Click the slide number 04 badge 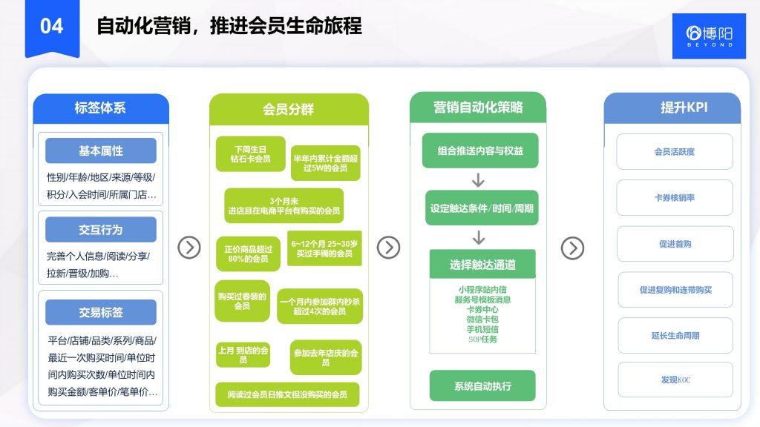(x=52, y=27)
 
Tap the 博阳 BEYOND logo (x=709, y=35)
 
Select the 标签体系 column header (x=100, y=108)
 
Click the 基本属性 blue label (x=101, y=150)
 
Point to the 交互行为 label (x=101, y=230)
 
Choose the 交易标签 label (x=101, y=312)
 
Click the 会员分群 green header (x=288, y=109)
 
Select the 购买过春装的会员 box (x=242, y=301)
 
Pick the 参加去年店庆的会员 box (x=326, y=357)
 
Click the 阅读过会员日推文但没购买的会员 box (x=287, y=394)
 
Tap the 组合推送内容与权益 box (x=479, y=151)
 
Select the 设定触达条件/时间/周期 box (x=481, y=209)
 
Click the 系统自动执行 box (x=482, y=386)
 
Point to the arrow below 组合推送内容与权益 (x=479, y=179)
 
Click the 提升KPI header (x=672, y=108)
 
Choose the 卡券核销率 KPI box (x=675, y=198)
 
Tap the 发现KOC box (x=675, y=380)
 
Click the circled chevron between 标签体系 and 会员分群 (x=189, y=248)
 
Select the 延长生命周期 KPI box (x=675, y=335)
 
